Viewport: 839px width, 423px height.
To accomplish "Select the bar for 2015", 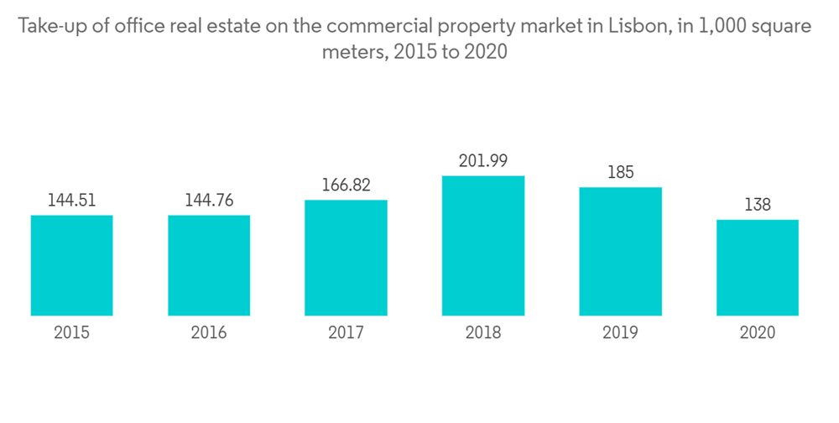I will click(x=71, y=265).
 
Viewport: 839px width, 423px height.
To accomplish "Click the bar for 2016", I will click(x=209, y=265).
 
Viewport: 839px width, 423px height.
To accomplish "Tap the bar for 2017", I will click(x=346, y=258).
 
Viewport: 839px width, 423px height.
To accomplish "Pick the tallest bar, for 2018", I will click(x=482, y=246).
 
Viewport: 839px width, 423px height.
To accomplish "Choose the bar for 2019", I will click(x=620, y=252).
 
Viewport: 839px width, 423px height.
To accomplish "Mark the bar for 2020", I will click(x=757, y=268).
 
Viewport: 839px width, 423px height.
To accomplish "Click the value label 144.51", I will click(x=71, y=201).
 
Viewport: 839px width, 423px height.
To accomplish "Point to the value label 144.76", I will click(x=209, y=201).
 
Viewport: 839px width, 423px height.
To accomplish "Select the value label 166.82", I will click(x=346, y=185).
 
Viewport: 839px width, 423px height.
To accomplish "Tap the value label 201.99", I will click(x=482, y=160).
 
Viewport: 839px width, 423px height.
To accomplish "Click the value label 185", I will click(x=620, y=173).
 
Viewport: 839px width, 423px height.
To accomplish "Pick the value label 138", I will click(x=757, y=205).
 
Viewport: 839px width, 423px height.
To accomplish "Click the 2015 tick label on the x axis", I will click(x=71, y=333).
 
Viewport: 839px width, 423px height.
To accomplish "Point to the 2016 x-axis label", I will click(x=209, y=333).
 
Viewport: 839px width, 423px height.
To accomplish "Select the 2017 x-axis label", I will click(x=346, y=333).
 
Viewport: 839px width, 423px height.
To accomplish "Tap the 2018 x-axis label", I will click(x=482, y=333).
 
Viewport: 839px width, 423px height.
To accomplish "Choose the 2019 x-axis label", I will click(x=620, y=333).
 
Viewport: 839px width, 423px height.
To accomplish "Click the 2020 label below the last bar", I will click(x=757, y=333).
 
